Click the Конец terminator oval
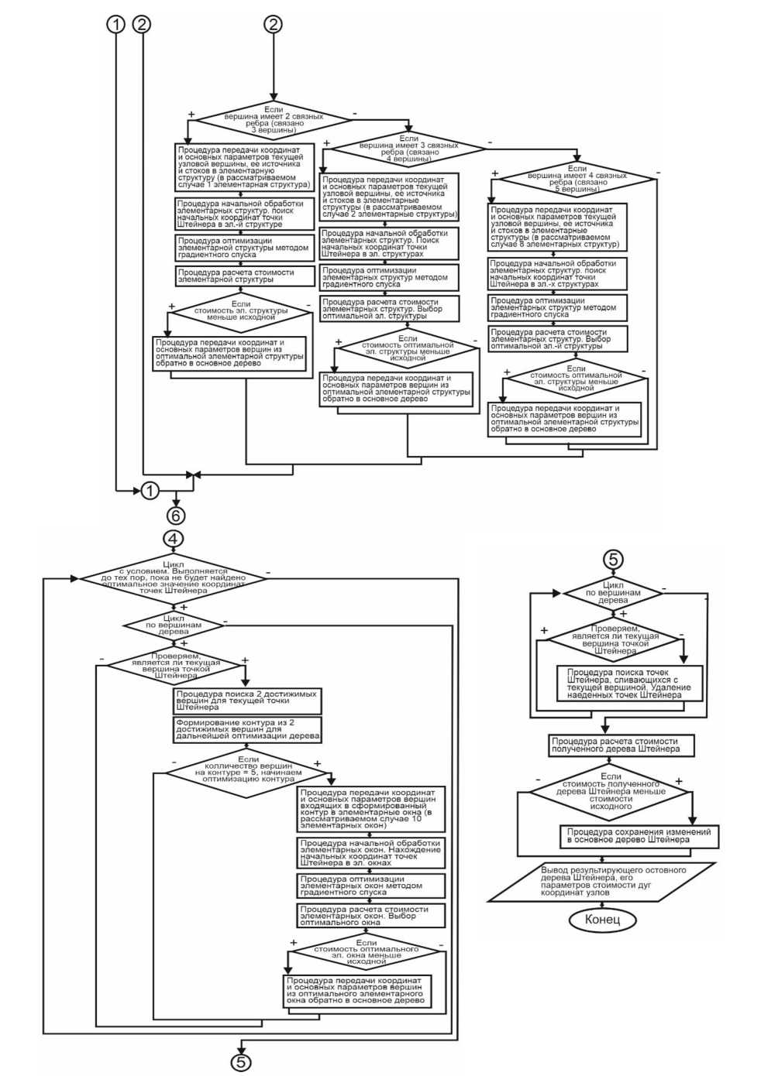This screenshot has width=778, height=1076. click(x=602, y=920)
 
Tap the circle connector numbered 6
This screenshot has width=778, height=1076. click(x=175, y=515)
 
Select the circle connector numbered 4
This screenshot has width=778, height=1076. click(x=174, y=538)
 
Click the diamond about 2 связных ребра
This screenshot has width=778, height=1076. click(x=271, y=121)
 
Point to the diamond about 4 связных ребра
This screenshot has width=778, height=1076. click(x=577, y=178)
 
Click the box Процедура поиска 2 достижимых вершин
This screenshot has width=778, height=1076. click(x=247, y=701)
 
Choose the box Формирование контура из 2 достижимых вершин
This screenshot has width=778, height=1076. click(x=247, y=729)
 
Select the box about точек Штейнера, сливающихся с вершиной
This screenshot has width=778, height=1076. click(x=629, y=684)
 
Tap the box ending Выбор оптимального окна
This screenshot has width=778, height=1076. click(x=371, y=916)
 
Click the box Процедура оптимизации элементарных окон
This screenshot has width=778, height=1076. click(x=371, y=886)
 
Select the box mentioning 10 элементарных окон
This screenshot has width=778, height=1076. click(x=371, y=809)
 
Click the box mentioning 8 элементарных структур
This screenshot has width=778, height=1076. click(x=557, y=227)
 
